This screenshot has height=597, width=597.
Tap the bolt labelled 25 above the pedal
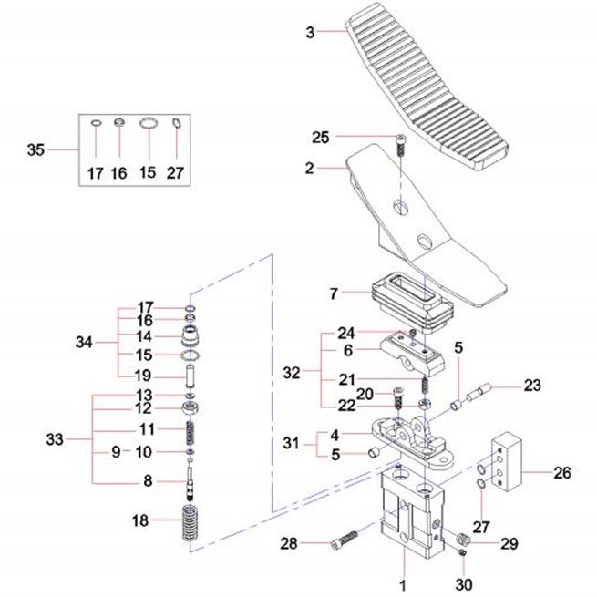(400, 145)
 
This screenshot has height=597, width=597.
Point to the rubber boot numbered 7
(411, 303)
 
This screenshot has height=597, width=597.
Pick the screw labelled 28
(345, 540)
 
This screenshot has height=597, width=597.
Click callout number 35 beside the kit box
(36, 150)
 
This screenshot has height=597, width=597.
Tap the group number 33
(55, 439)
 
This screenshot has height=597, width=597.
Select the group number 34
(84, 343)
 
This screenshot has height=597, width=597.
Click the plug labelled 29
(463, 540)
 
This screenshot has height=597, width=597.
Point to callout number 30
(464, 584)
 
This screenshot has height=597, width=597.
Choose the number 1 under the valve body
(403, 585)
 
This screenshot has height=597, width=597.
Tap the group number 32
(292, 373)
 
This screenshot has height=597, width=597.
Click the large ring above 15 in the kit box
(149, 123)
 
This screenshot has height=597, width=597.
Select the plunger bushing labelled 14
(191, 335)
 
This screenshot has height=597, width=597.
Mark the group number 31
(292, 443)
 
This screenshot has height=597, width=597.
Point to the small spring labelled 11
(191, 432)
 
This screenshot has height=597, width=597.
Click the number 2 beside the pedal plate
(310, 168)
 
